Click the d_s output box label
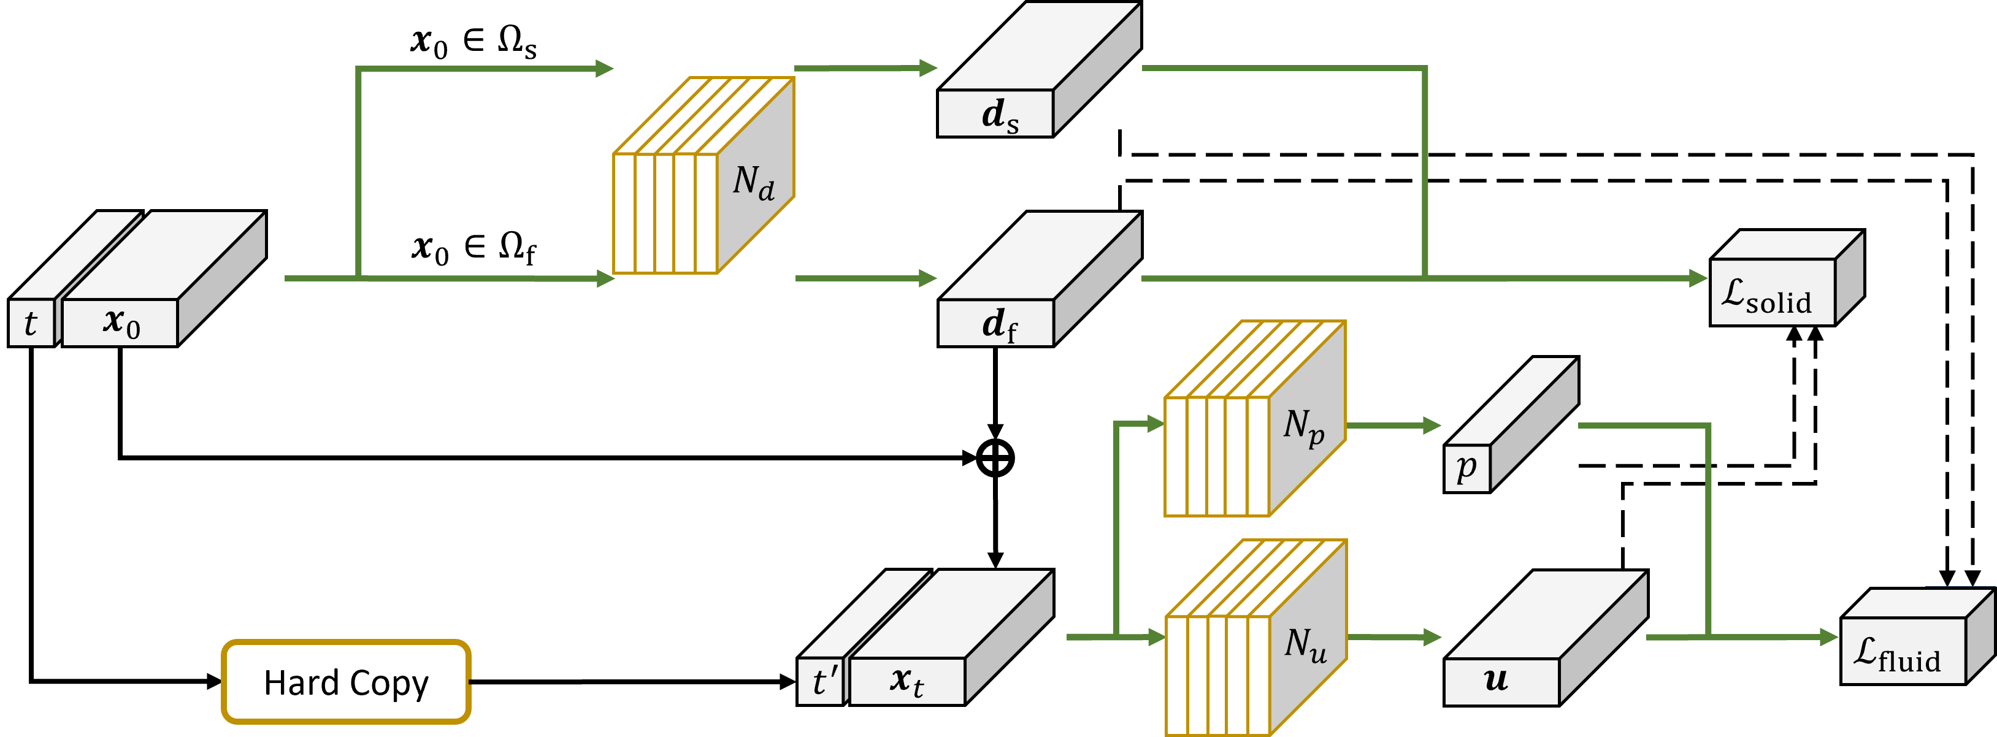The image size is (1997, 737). click(x=998, y=115)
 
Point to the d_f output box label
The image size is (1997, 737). click(x=998, y=324)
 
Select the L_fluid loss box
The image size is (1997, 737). click(x=1903, y=652)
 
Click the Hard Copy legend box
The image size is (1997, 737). click(x=346, y=682)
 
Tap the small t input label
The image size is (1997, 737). click(x=30, y=323)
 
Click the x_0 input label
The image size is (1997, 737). click(x=120, y=323)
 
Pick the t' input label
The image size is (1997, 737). click(x=822, y=682)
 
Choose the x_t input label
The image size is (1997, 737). click(x=907, y=681)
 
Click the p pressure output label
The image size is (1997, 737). click(x=1466, y=467)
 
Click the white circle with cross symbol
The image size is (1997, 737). click(x=995, y=458)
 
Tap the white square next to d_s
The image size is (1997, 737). click(x=1119, y=108)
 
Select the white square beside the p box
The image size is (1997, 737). click(x=1557, y=467)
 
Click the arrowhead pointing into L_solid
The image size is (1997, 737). click(x=1700, y=277)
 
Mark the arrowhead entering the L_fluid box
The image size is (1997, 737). click(x=1830, y=637)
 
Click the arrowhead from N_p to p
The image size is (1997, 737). click(x=1432, y=426)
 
